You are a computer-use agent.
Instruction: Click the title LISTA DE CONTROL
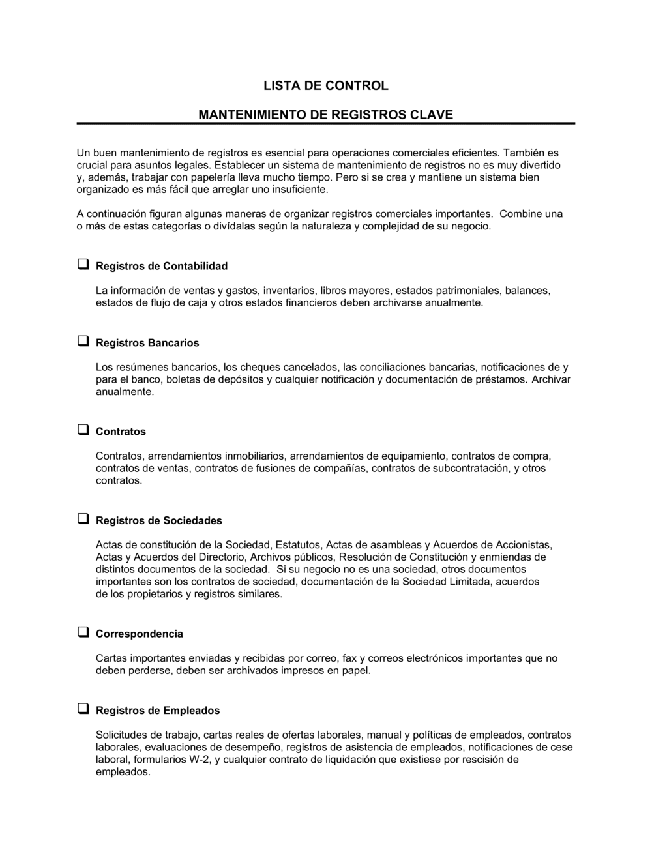(325, 85)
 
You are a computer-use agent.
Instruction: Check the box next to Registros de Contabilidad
(83, 265)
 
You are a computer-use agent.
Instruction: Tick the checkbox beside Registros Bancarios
(83, 342)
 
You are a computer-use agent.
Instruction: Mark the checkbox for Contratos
(83, 430)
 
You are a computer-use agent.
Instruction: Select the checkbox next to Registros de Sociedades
(83, 519)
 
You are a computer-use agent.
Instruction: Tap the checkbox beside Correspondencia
(83, 632)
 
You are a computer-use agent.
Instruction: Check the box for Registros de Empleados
(83, 709)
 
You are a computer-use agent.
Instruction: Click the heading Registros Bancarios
(147, 343)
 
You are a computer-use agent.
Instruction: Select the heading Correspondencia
(139, 634)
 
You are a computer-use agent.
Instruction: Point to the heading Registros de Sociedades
(158, 520)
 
